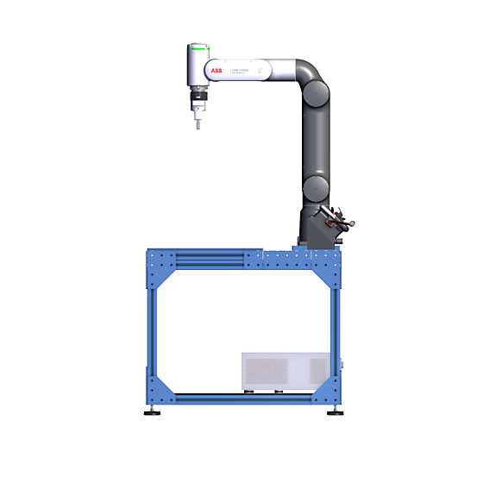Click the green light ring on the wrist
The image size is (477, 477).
coord(199,48)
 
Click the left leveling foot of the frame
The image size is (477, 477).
coord(155,411)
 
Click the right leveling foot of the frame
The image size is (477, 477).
coord(333,411)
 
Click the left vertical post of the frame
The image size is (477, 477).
coord(153,328)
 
